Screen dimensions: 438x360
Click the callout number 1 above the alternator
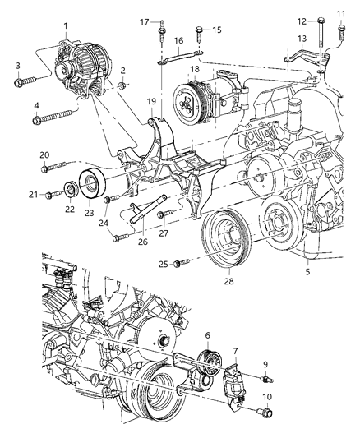pos(66,25)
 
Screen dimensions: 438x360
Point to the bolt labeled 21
pos(54,195)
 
